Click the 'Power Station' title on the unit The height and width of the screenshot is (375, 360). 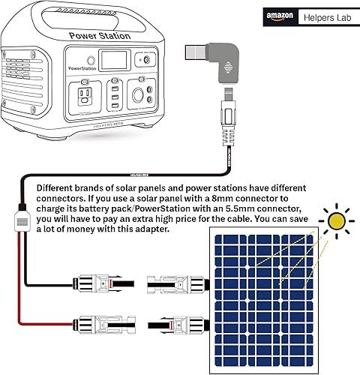pyautogui.click(x=100, y=35)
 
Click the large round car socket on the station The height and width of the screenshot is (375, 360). pyautogui.click(x=139, y=96)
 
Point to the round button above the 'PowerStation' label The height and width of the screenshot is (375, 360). pyautogui.click(x=89, y=60)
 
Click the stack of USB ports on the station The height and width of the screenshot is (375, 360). pyautogui.click(x=112, y=95)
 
